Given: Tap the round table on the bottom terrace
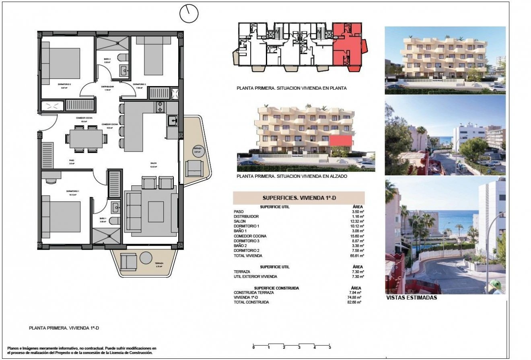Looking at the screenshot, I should (146, 258).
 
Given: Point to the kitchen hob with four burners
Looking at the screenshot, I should (160, 107).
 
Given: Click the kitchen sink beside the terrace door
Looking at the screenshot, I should (173, 120).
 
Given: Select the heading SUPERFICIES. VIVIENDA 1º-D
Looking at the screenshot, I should (299, 198).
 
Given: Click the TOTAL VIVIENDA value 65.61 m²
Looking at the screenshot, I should (356, 256).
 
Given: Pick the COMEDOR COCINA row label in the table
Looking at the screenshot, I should (250, 236).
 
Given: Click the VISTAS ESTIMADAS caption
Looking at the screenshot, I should (411, 298).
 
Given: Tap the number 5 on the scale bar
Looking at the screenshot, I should (329, 348).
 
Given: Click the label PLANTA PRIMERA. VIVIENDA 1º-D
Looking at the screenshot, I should (64, 328).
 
